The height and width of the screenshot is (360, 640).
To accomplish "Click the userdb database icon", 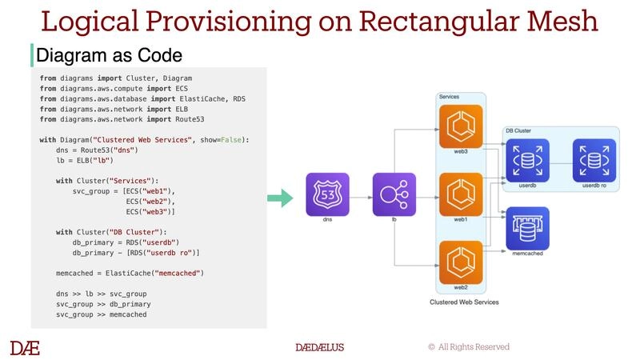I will click(x=527, y=158).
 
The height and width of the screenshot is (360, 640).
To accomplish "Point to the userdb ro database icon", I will click(x=594, y=158).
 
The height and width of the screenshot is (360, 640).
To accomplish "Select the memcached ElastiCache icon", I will click(x=527, y=228).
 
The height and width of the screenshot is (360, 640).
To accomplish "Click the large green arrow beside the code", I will click(x=278, y=198).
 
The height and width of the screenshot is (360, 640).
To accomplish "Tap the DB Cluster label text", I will click(x=519, y=130).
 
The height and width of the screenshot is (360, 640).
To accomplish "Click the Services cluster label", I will click(x=449, y=97).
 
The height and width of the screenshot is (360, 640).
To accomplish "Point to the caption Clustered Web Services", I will click(x=464, y=302).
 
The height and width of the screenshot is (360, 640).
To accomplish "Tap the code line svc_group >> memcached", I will click(x=101, y=315).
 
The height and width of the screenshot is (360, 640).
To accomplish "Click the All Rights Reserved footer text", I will click(x=474, y=347).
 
